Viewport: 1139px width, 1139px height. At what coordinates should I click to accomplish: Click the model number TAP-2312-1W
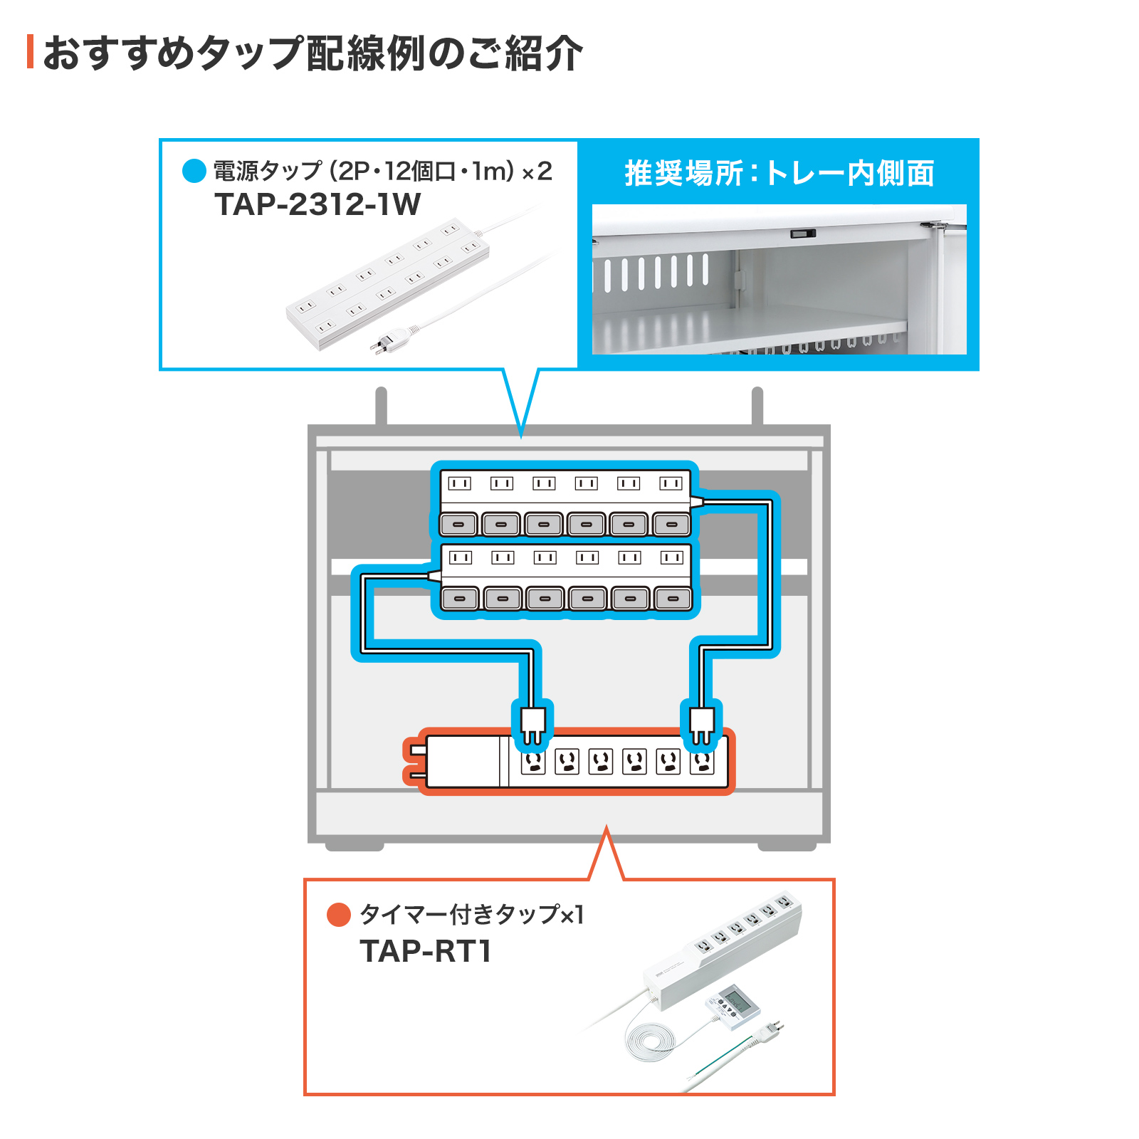pyautogui.click(x=317, y=205)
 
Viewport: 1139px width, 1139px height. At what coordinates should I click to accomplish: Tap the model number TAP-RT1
pyautogui.click(x=425, y=951)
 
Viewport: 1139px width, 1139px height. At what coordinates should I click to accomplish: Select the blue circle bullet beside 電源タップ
pyautogui.click(x=194, y=171)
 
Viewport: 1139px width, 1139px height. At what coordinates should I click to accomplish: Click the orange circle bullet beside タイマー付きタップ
pyautogui.click(x=338, y=915)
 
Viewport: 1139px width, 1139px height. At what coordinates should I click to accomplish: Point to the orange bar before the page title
pyautogui.click(x=30, y=52)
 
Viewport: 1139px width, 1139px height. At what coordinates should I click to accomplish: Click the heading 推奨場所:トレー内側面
pyautogui.click(x=779, y=173)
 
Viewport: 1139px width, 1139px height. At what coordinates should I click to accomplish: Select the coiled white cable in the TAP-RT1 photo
pyautogui.click(x=650, y=1040)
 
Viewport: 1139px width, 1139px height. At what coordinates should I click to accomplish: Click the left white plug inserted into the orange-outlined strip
pyautogui.click(x=532, y=725)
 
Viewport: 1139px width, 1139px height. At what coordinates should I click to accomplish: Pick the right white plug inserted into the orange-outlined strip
pyautogui.click(x=702, y=725)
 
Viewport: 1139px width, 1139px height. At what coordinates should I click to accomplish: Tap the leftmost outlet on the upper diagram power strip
pyautogui.click(x=459, y=483)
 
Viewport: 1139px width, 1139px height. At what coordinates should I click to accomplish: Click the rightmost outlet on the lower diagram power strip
pyautogui.click(x=671, y=557)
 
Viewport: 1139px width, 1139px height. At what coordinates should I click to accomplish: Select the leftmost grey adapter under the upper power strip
pyautogui.click(x=459, y=525)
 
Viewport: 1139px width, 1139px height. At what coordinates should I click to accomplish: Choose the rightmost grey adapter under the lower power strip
pyautogui.click(x=672, y=599)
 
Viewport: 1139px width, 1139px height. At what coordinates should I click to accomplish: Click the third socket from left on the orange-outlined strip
pyautogui.click(x=601, y=762)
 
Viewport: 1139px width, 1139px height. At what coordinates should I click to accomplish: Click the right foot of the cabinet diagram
pyautogui.click(x=787, y=846)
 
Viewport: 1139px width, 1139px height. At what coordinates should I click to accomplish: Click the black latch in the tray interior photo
pyautogui.click(x=802, y=233)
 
